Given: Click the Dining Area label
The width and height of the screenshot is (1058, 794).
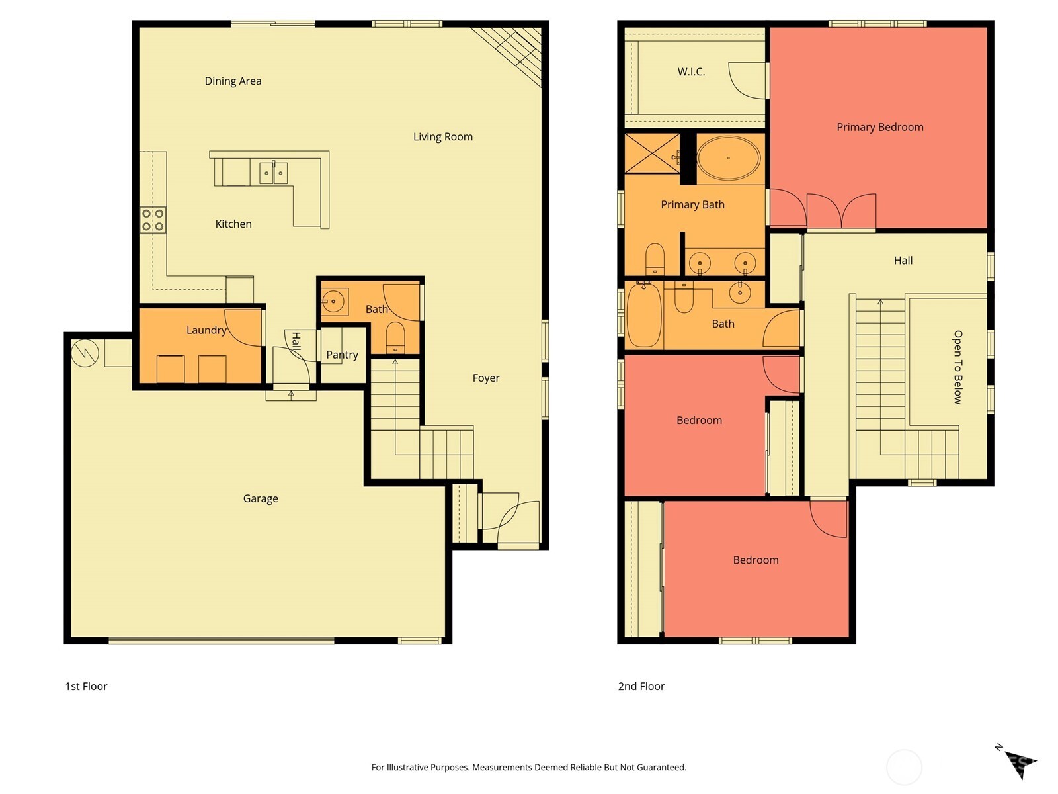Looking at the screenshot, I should [x=233, y=81].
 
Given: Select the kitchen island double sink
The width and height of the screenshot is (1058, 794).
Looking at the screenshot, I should [x=273, y=173].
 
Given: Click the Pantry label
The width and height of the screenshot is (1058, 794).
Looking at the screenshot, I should [x=342, y=355].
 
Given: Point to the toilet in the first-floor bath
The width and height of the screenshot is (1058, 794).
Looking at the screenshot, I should [x=395, y=337].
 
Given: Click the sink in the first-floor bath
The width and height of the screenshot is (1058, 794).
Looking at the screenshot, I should [x=334, y=302].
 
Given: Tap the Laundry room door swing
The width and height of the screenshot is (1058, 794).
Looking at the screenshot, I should [x=243, y=327].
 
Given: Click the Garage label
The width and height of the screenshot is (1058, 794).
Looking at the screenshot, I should [x=260, y=498].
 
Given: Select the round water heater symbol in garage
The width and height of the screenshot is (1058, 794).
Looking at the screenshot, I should [x=85, y=353].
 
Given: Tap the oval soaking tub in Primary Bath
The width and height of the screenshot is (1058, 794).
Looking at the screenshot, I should [x=728, y=158].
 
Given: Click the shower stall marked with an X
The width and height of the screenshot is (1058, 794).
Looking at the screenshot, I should [x=652, y=154].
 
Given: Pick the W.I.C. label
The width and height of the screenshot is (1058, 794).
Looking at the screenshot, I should [x=691, y=71].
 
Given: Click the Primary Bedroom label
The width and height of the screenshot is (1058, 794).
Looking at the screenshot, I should [x=879, y=127].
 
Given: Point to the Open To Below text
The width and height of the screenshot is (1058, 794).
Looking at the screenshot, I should [x=957, y=367].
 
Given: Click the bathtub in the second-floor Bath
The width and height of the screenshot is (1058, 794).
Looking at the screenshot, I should [x=643, y=315].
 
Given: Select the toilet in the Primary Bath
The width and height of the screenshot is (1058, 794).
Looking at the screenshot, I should [x=654, y=259].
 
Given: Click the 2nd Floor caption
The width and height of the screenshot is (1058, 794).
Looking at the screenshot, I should [x=641, y=686].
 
